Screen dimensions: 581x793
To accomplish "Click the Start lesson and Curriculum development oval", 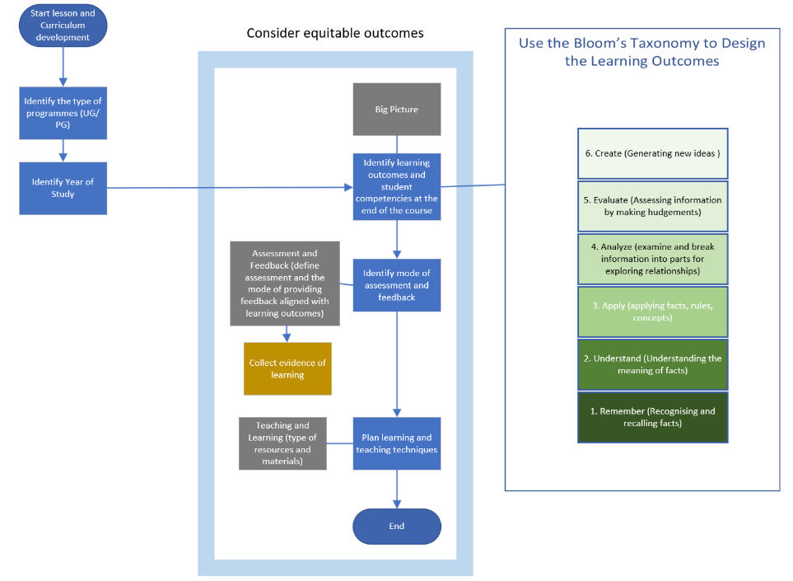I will point(63,26).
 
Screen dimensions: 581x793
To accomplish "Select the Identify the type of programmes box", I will point(63,113).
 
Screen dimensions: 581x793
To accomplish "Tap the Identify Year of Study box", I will point(63,188).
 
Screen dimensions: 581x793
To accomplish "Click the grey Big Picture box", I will point(396,109).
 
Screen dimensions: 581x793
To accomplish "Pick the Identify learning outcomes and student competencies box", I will point(396,187).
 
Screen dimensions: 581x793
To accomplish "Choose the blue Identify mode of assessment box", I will point(396,285).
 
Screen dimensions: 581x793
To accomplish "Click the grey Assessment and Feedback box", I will point(285,283).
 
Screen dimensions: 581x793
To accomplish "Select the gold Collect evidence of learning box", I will point(287,369).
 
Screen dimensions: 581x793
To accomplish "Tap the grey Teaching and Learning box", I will point(282,443).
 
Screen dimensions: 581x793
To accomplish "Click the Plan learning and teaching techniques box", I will point(396,443).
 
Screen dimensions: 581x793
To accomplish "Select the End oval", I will point(396,527).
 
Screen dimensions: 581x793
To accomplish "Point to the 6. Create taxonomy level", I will point(652,153).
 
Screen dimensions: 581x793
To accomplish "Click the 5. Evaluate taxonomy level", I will point(652,205).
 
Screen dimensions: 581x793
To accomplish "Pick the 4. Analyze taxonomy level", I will point(652,258).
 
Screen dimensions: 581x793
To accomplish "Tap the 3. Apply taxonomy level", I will point(652,312).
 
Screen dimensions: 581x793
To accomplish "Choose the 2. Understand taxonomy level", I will point(652,363).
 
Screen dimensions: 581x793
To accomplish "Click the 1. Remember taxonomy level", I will point(652,417).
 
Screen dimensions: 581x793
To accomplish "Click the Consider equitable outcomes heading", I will point(335,33).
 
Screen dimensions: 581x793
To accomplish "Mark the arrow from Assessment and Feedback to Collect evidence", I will point(287,334).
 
